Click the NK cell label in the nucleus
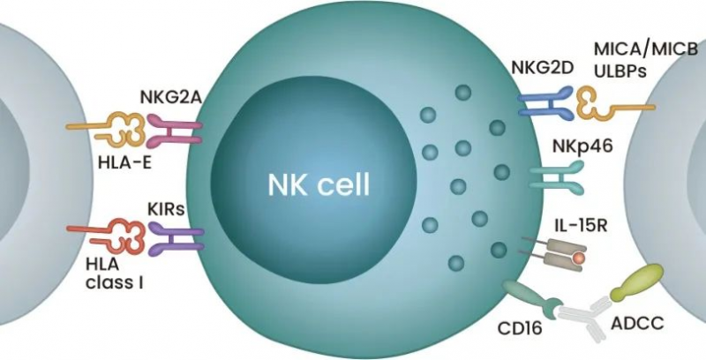click(x=319, y=186)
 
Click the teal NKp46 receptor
click(x=552, y=177)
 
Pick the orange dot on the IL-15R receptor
click(x=578, y=259)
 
